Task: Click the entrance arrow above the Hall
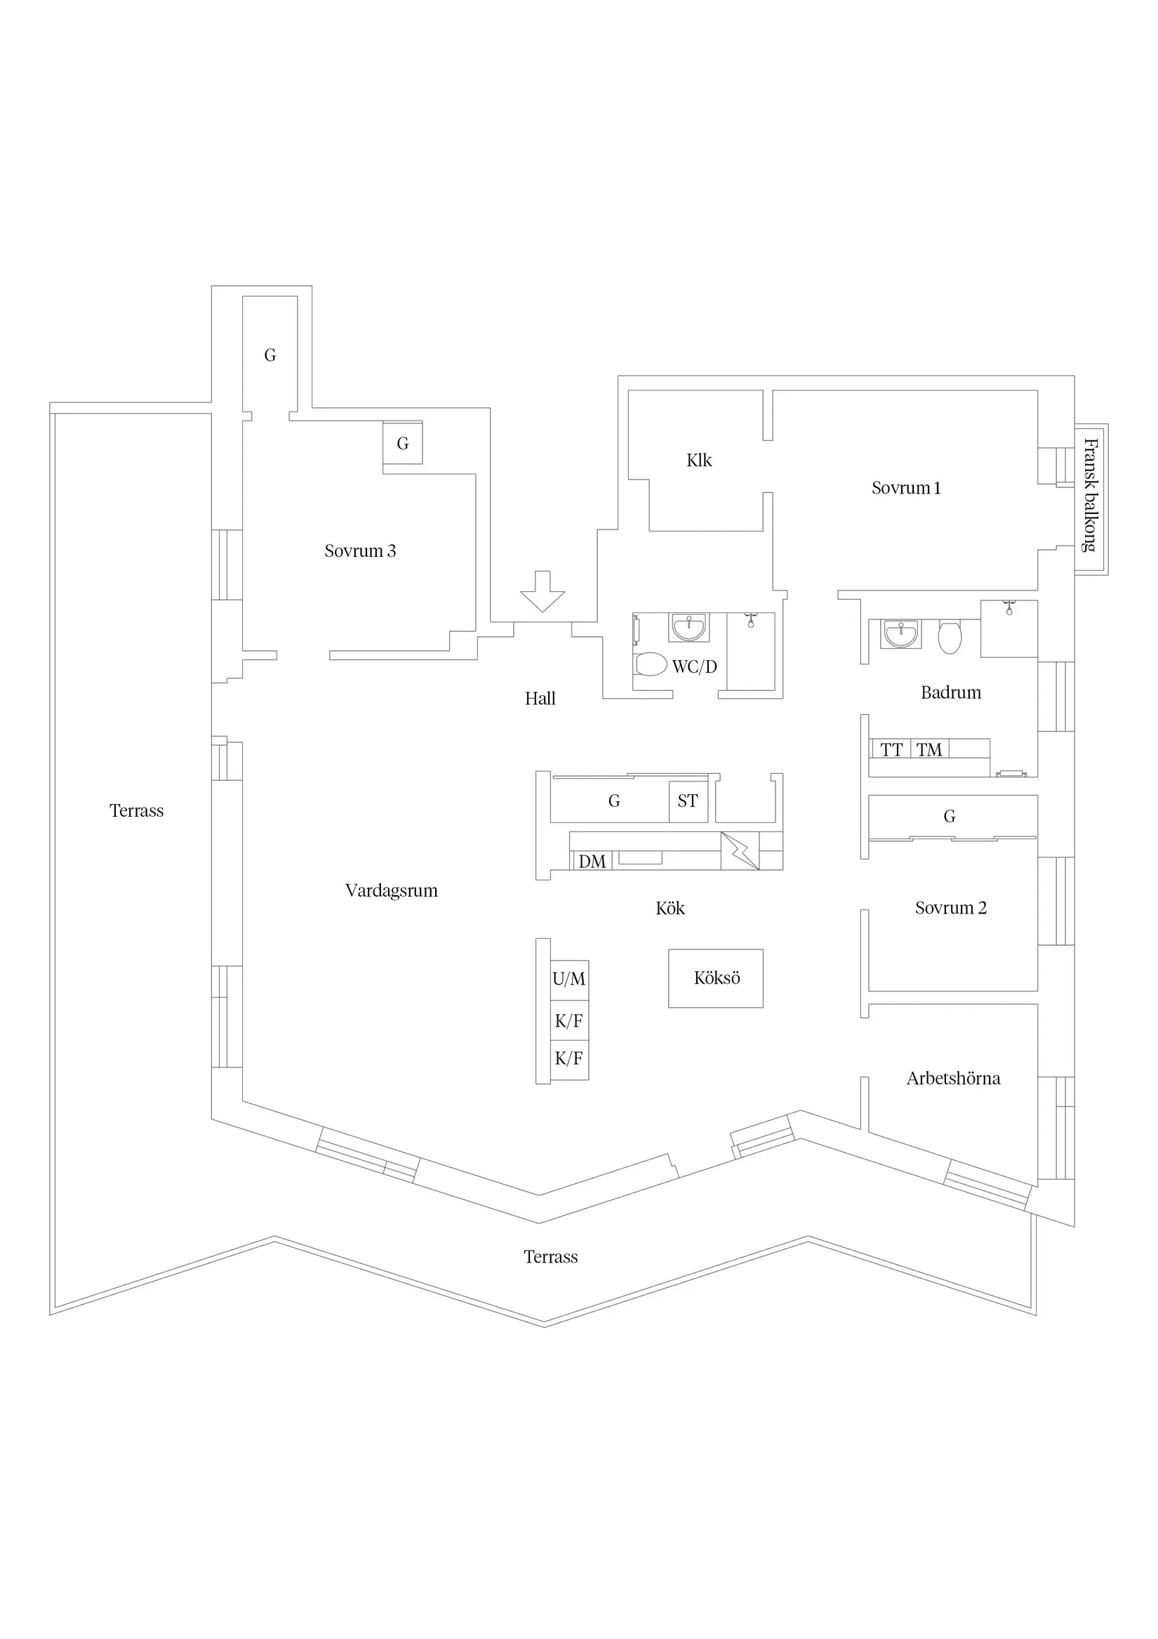click(543, 591)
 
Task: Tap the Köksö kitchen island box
click(716, 978)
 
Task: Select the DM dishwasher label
click(592, 862)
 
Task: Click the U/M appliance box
click(569, 980)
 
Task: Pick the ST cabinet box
click(688, 802)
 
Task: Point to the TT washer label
click(891, 749)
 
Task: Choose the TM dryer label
click(929, 749)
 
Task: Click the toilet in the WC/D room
click(651, 664)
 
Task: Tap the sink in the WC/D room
click(688, 628)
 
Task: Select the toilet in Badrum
click(950, 637)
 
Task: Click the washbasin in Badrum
click(901, 633)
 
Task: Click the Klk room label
click(698, 461)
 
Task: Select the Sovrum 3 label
click(359, 551)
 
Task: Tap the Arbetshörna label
click(953, 1079)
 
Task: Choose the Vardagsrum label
click(391, 891)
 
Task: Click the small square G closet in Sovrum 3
click(402, 443)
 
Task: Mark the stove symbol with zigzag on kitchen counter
click(739, 851)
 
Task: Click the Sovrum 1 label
click(905, 488)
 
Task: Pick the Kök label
click(670, 909)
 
